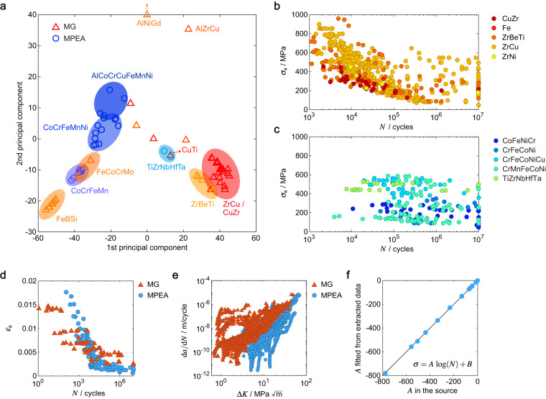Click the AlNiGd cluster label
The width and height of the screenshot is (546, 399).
click(x=147, y=23)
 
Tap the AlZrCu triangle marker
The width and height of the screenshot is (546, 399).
click(x=189, y=29)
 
